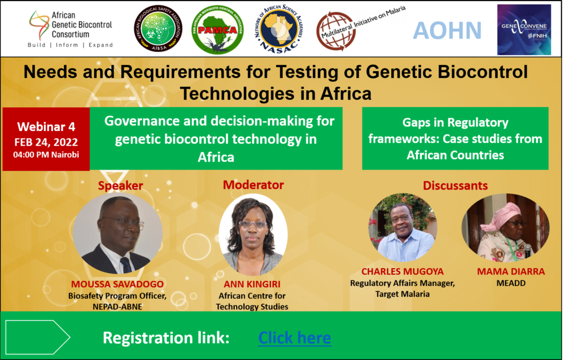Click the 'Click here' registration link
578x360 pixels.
[294, 337]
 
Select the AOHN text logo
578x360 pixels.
[447, 30]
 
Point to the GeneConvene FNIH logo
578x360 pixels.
[523, 29]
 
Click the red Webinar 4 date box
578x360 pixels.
[46, 138]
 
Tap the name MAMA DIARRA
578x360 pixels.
[504, 272]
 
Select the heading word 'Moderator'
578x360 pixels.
[253, 185]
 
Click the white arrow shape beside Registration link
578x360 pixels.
[37, 337]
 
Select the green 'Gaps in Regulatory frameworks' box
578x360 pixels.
[455, 138]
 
